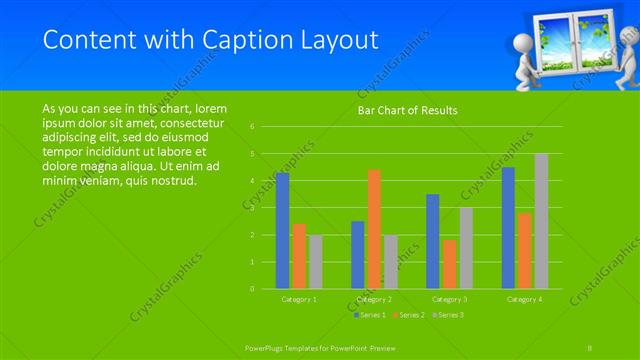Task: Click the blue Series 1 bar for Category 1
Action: [x=282, y=231]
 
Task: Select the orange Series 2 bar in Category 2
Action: [x=374, y=229]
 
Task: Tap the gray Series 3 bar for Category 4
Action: [x=541, y=221]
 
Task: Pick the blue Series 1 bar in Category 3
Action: [x=432, y=241]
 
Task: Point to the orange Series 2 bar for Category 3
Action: [x=449, y=264]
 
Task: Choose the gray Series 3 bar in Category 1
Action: [x=315, y=262]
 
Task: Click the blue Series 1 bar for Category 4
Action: [x=508, y=228]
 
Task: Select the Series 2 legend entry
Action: [x=408, y=315]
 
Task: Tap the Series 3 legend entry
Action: [x=448, y=315]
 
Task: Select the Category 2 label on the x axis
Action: [x=374, y=299]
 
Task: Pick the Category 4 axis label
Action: [x=524, y=299]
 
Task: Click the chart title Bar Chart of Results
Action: [x=408, y=111]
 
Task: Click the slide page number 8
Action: [x=591, y=346]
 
